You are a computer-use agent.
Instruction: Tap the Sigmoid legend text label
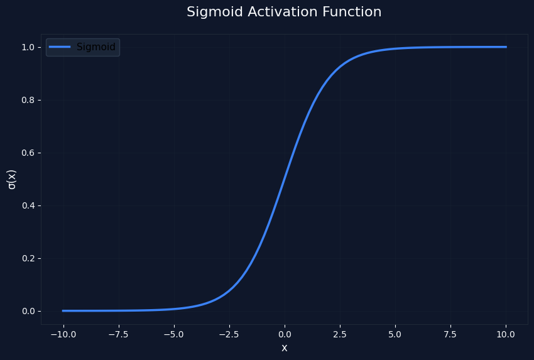pos(96,47)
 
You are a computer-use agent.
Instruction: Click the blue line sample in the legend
pos(60,47)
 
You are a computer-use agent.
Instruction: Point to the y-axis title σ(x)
pos(11,179)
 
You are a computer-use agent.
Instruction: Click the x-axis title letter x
pos(284,348)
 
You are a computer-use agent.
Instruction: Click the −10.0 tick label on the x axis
pos(63,334)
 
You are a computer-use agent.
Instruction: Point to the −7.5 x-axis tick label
pos(118,334)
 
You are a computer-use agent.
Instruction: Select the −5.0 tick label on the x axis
pos(173,334)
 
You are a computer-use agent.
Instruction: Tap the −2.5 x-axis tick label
pos(229,334)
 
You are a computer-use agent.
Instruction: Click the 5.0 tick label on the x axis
pos(395,334)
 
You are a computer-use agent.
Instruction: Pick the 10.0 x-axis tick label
pos(506,334)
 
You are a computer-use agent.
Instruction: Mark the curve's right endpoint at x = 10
pos(506,47)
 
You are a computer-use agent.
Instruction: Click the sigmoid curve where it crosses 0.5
pos(284,179)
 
